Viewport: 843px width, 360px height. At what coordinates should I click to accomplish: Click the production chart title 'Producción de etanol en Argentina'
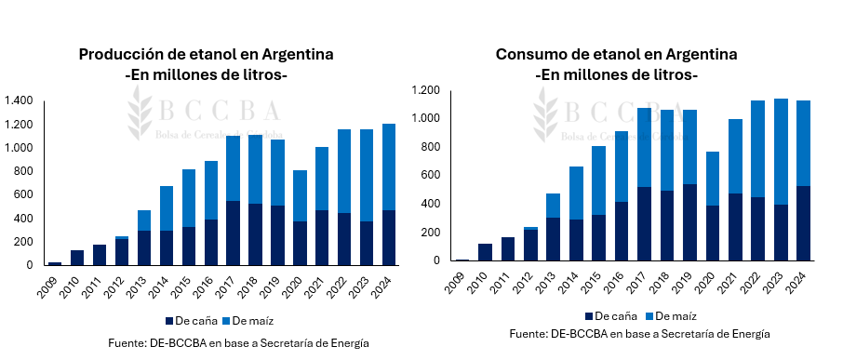click(x=206, y=54)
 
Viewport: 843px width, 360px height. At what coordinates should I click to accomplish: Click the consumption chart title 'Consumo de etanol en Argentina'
click(x=616, y=54)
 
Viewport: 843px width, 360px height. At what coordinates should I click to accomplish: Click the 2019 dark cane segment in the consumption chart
click(x=689, y=222)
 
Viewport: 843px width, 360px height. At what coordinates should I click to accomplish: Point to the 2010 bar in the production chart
click(x=77, y=258)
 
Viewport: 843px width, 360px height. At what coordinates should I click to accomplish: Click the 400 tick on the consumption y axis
click(x=432, y=204)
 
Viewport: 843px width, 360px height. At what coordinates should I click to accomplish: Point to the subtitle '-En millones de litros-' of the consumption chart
click(x=616, y=73)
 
